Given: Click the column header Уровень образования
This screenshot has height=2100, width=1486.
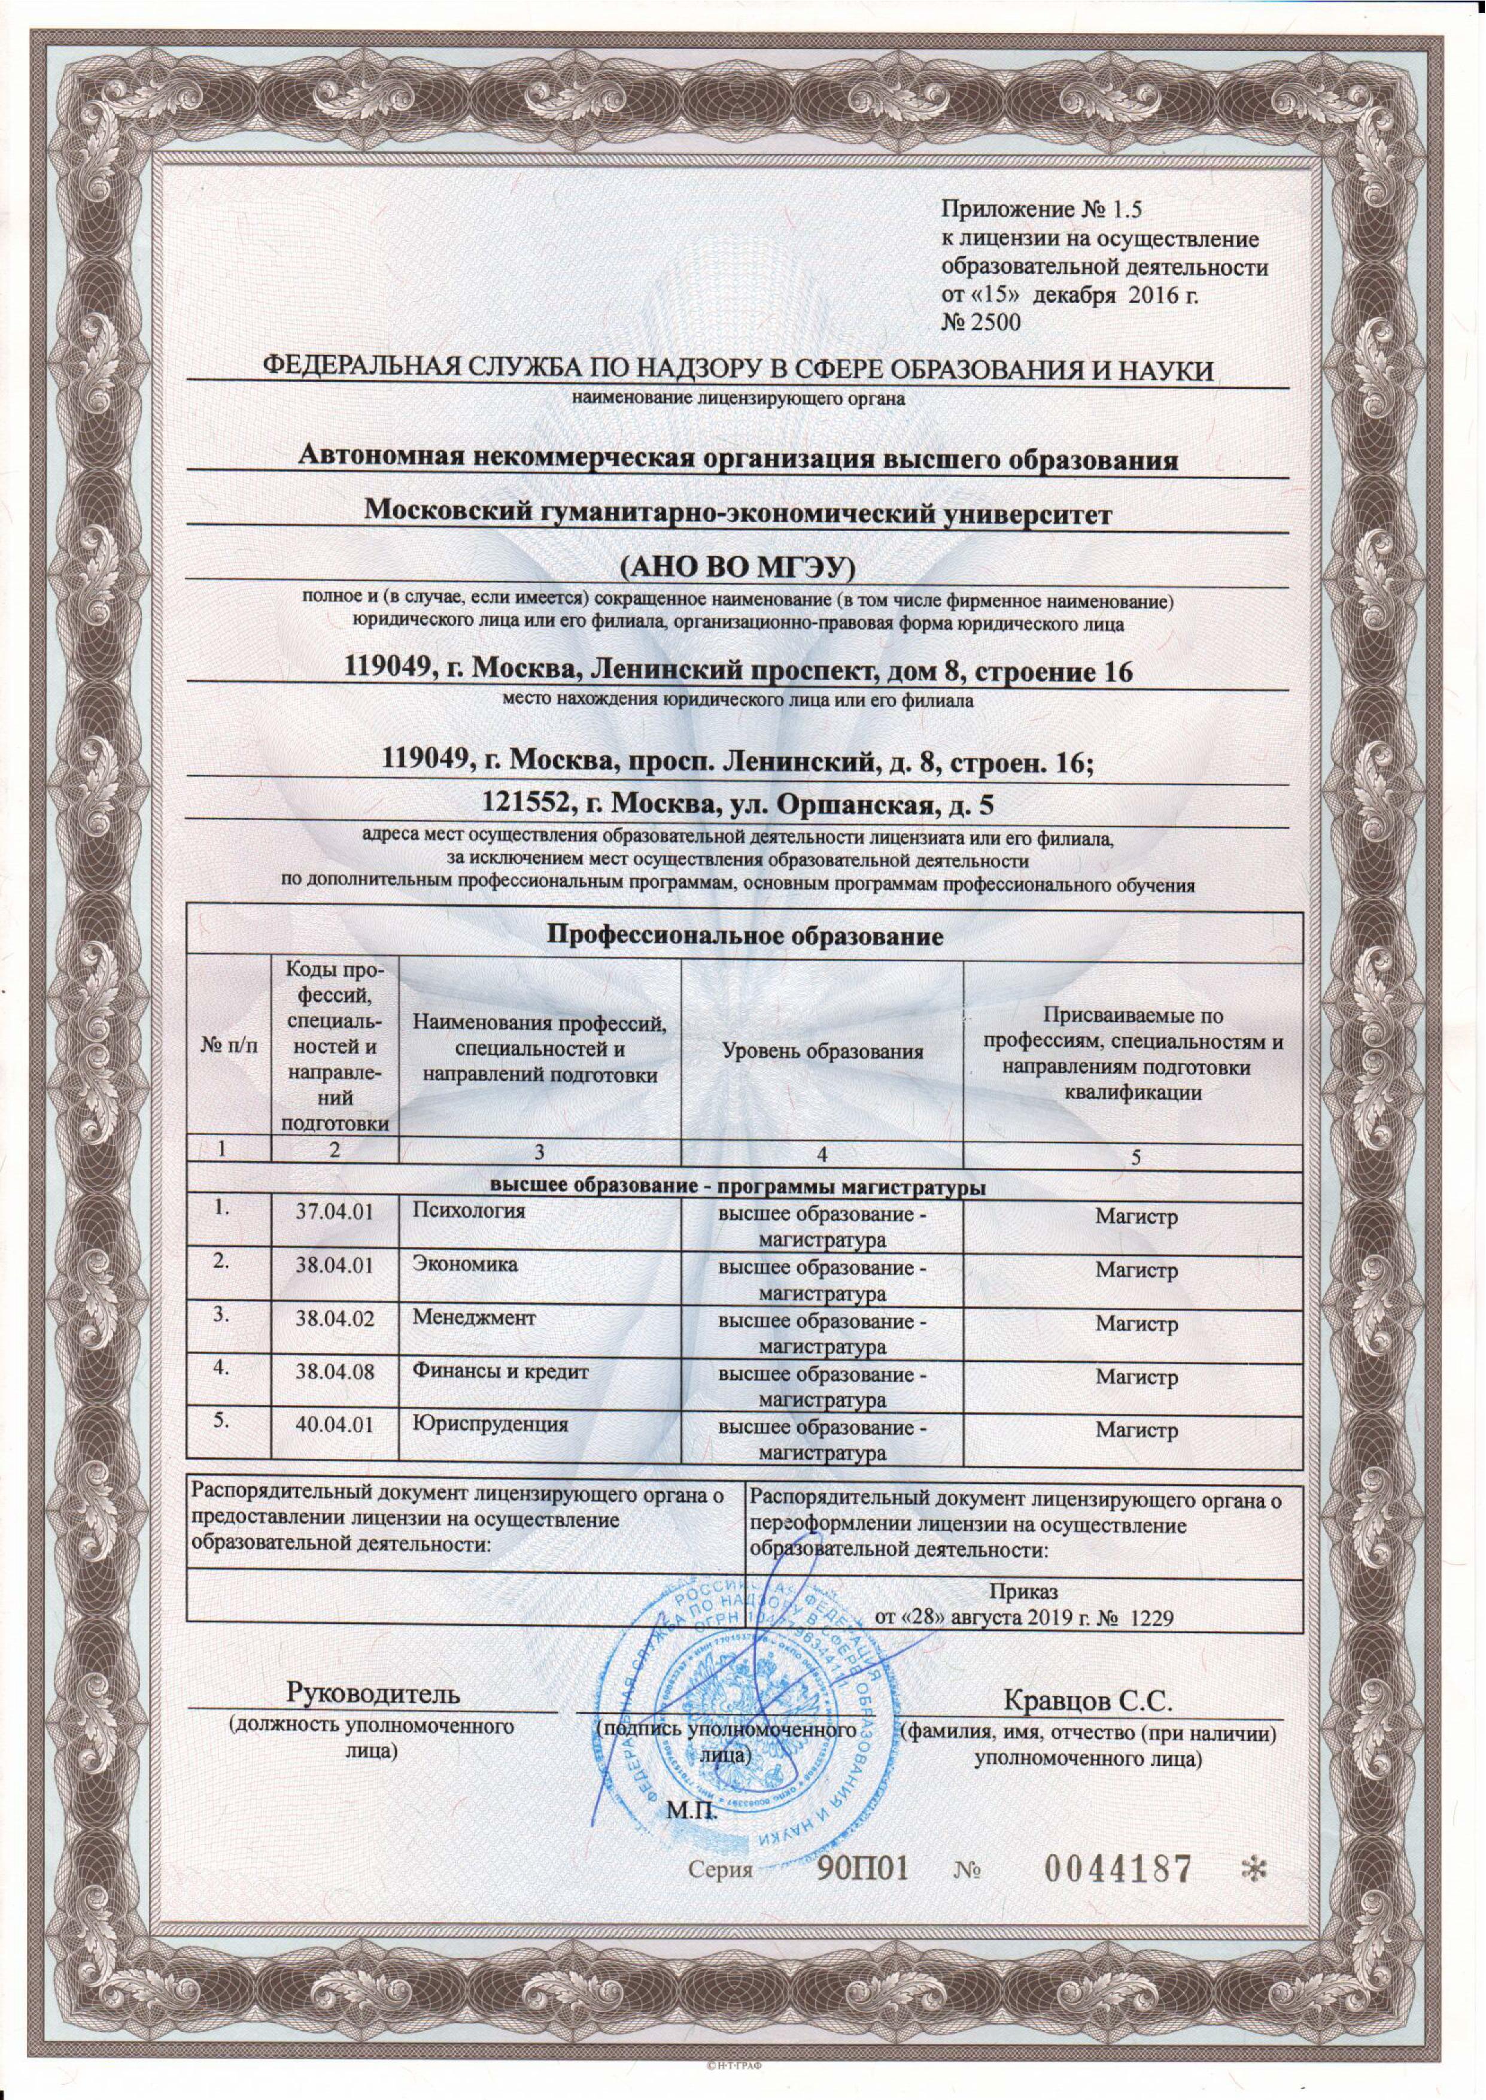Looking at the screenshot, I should pyautogui.click(x=823, y=1052).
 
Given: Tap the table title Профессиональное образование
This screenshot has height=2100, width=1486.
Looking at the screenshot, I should pyautogui.click(x=746, y=936).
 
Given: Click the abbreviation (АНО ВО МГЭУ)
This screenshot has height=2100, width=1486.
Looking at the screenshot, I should pyautogui.click(x=737, y=568).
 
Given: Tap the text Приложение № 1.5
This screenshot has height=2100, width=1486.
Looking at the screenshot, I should pyautogui.click(x=1042, y=210).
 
